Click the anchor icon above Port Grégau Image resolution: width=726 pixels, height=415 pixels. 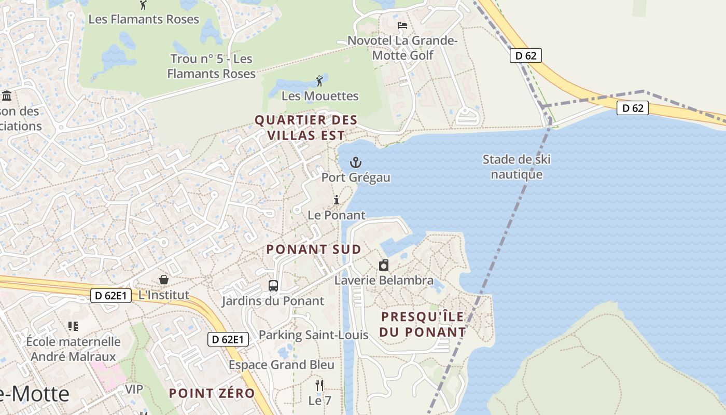coord(356,162)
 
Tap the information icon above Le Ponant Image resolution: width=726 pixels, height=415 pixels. coord(337,200)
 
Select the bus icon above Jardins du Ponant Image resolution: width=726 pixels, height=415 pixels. coord(273,285)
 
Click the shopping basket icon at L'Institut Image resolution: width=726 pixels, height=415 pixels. coord(164,280)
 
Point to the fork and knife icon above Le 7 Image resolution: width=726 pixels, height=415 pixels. coord(319,385)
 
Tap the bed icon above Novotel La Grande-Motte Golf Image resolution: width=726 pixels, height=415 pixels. coord(402,25)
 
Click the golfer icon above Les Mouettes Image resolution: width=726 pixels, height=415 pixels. coord(319,81)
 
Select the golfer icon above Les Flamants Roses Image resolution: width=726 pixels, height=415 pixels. coord(143,5)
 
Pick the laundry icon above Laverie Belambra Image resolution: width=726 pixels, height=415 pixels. coord(384,265)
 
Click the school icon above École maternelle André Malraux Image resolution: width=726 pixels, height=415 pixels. coord(73,326)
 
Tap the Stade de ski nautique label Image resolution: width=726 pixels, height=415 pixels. coord(516,167)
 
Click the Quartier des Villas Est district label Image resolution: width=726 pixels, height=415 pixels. coord(306,128)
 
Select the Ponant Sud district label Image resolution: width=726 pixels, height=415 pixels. coord(314,250)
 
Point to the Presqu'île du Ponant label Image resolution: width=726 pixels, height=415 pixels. coord(423,324)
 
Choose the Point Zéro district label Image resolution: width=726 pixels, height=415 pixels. coord(212,393)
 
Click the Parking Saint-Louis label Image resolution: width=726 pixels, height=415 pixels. coord(313,335)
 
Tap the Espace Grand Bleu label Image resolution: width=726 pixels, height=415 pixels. coord(282,365)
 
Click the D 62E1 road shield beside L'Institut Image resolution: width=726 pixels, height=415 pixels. coord(110,296)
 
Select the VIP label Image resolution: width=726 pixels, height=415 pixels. coord(133,389)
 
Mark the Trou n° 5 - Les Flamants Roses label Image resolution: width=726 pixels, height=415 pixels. coord(212,66)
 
